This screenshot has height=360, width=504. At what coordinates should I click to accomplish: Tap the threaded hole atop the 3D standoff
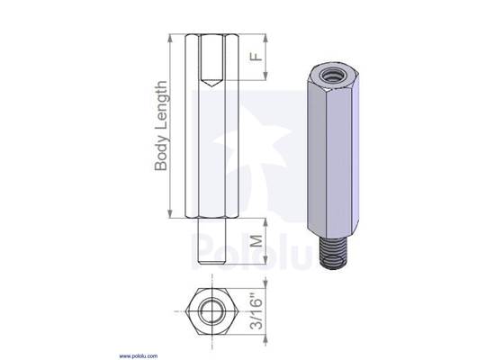tap(328, 75)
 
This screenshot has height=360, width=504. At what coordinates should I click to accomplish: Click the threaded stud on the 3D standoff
tap(330, 252)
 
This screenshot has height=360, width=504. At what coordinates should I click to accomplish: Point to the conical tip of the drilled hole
tap(208, 83)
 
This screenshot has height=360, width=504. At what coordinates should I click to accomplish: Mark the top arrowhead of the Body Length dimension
tap(170, 40)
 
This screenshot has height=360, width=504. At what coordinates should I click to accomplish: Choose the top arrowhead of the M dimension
tap(265, 221)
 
